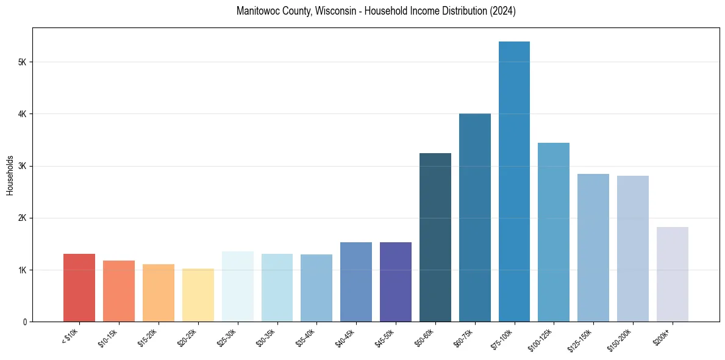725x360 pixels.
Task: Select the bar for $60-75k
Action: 475,217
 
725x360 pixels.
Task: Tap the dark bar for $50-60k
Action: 435,237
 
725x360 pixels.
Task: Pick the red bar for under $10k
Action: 79,287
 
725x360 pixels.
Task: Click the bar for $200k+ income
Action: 673,274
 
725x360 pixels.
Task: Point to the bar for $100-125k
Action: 554,232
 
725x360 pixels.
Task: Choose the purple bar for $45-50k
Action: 396,282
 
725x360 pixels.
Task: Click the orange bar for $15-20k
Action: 159,293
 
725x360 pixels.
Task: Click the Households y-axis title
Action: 10,175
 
